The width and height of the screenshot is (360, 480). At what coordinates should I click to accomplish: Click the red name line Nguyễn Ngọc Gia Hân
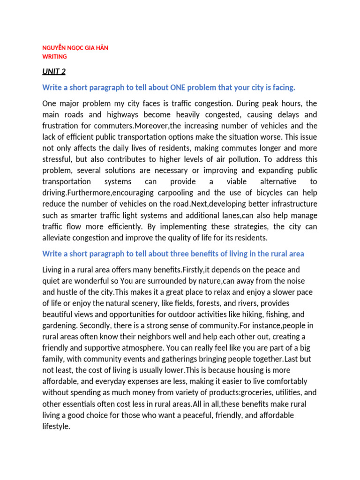75,48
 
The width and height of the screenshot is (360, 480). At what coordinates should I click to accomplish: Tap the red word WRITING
54,56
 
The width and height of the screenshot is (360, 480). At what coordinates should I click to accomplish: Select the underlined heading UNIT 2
54,71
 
